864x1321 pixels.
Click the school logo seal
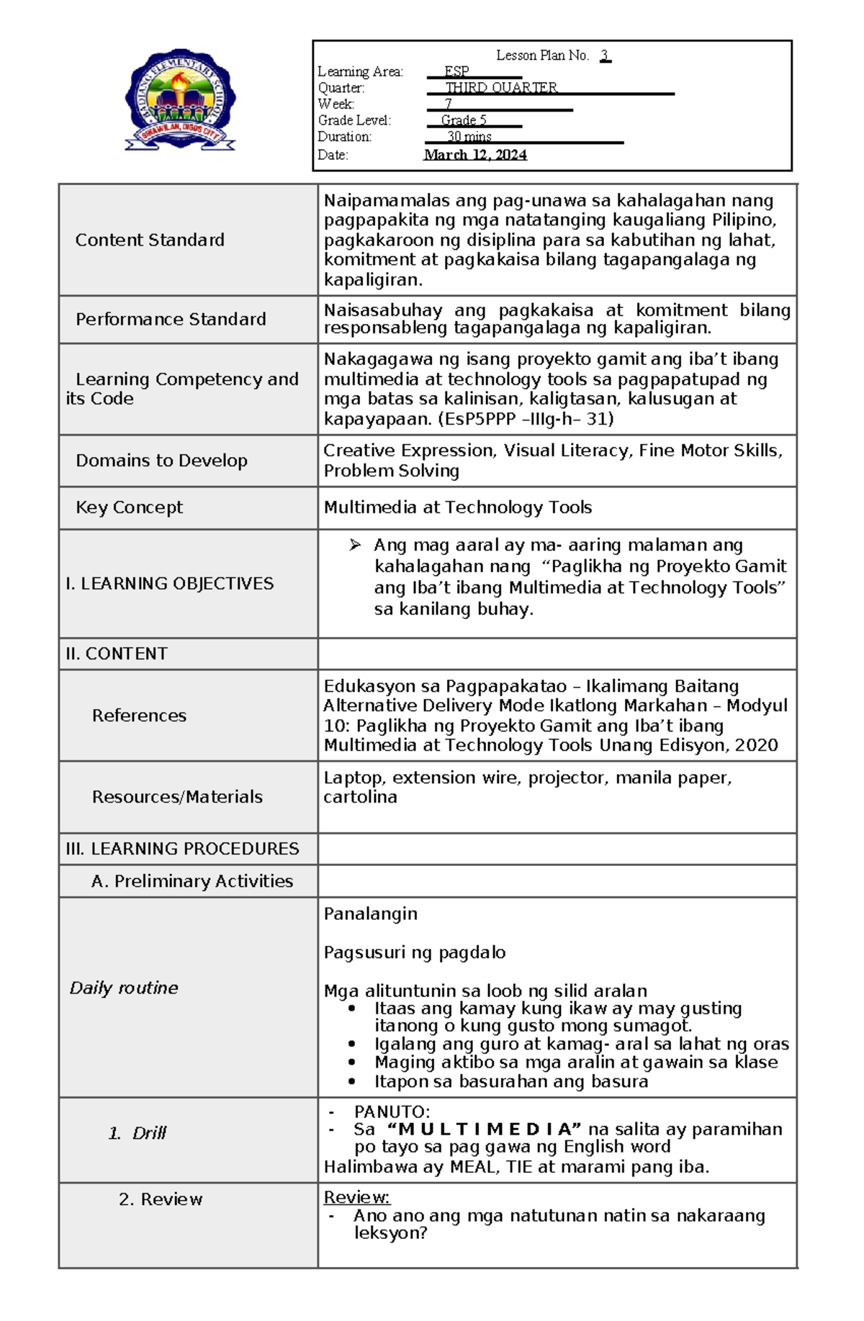(180, 99)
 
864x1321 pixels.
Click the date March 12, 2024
(474, 155)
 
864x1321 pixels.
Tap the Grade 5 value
(464, 120)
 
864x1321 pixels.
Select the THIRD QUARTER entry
(501, 88)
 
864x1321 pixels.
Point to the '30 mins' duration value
(469, 137)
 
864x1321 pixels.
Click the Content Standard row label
(150, 240)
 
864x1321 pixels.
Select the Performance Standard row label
(171, 319)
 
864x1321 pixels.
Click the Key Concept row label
(129, 508)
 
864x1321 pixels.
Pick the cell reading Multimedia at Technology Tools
(457, 508)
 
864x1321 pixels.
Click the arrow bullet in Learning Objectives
(355, 545)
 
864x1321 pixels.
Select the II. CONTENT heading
(116, 654)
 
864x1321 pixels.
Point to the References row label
(139, 716)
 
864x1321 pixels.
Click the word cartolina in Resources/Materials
(360, 797)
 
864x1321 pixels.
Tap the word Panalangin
(370, 914)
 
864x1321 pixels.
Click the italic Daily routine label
(123, 988)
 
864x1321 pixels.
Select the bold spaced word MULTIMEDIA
(484, 1130)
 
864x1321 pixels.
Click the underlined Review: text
(356, 1197)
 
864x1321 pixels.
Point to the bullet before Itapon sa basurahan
(351, 1081)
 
